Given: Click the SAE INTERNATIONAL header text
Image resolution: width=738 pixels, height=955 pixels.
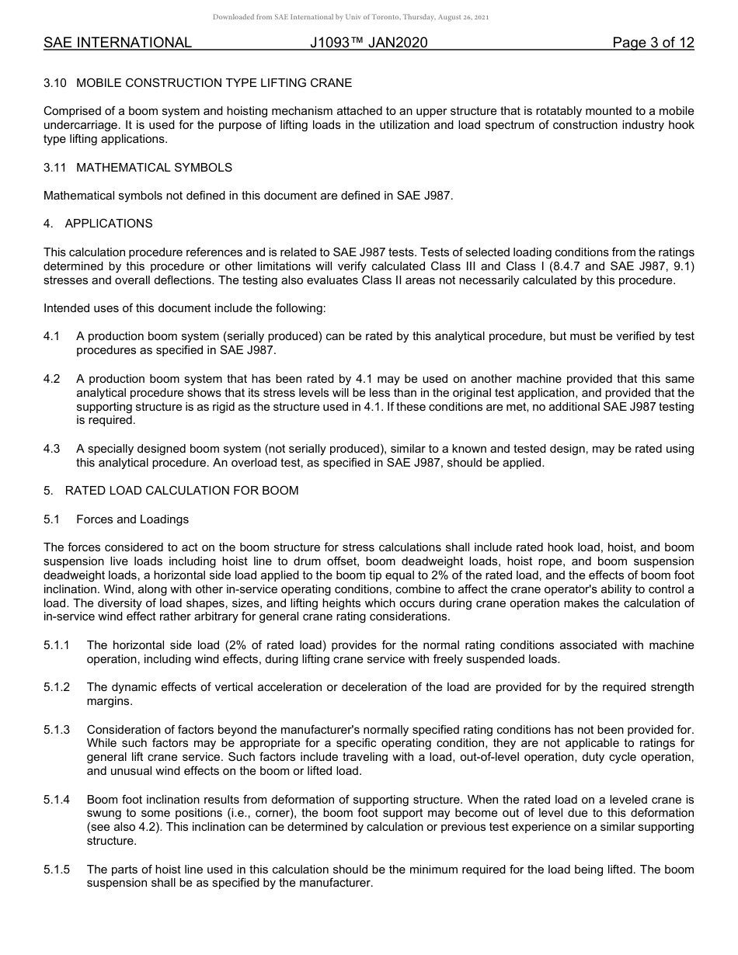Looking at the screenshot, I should [x=117, y=43].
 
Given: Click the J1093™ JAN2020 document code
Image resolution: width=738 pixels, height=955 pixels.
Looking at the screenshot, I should [x=368, y=43].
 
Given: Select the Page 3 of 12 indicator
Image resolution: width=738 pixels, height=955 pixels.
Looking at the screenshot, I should [x=653, y=43].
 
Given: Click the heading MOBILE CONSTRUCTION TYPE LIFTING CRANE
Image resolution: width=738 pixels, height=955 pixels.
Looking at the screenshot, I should [x=214, y=82].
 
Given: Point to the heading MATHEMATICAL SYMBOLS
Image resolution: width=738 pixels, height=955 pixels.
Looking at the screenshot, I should [x=154, y=168].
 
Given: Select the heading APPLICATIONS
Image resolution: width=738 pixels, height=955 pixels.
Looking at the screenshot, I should [x=109, y=224].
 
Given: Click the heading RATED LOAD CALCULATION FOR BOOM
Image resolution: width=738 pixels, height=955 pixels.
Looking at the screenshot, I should [x=182, y=491].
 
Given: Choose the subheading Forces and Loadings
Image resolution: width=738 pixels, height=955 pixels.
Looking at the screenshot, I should [x=132, y=519].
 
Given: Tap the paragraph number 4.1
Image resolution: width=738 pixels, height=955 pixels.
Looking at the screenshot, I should [x=51, y=336].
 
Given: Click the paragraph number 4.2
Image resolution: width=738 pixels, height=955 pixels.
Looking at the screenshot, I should [x=51, y=379].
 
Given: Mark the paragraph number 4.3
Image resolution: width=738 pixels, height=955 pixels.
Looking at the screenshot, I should [x=51, y=449].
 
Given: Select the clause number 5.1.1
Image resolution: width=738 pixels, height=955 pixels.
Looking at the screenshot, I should [x=57, y=645].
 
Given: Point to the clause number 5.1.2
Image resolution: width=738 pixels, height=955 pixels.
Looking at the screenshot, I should [x=57, y=687].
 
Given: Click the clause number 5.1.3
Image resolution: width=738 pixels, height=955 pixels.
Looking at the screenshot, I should [x=57, y=730].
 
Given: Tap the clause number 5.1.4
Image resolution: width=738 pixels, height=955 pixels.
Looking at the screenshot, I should [x=57, y=799].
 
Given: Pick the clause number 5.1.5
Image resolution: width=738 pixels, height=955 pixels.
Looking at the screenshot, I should [x=57, y=870].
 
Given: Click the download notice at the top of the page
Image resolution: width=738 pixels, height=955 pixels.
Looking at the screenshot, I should [x=350, y=17].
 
